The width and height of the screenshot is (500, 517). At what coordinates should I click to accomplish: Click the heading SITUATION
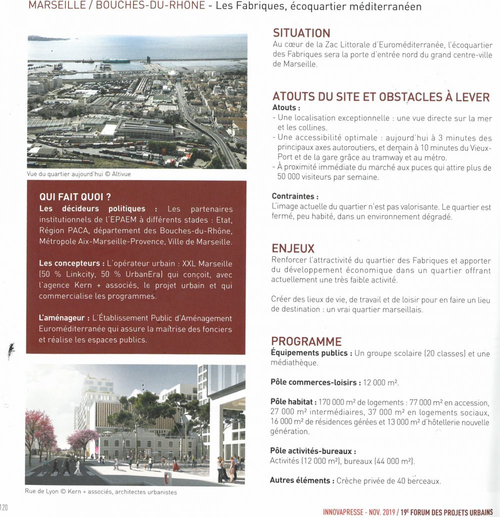301,33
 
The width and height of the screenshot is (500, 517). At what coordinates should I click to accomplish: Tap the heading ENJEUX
293,249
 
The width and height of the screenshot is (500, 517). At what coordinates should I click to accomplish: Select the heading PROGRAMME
306,342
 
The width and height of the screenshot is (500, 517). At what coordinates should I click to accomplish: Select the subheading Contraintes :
295,196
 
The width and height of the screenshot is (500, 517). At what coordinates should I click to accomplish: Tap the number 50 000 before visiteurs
291,177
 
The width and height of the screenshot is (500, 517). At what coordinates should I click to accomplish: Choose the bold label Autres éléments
301,480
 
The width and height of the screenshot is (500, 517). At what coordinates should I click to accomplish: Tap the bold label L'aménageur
64,318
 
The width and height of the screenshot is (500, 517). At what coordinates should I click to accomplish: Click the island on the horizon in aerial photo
47,38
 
